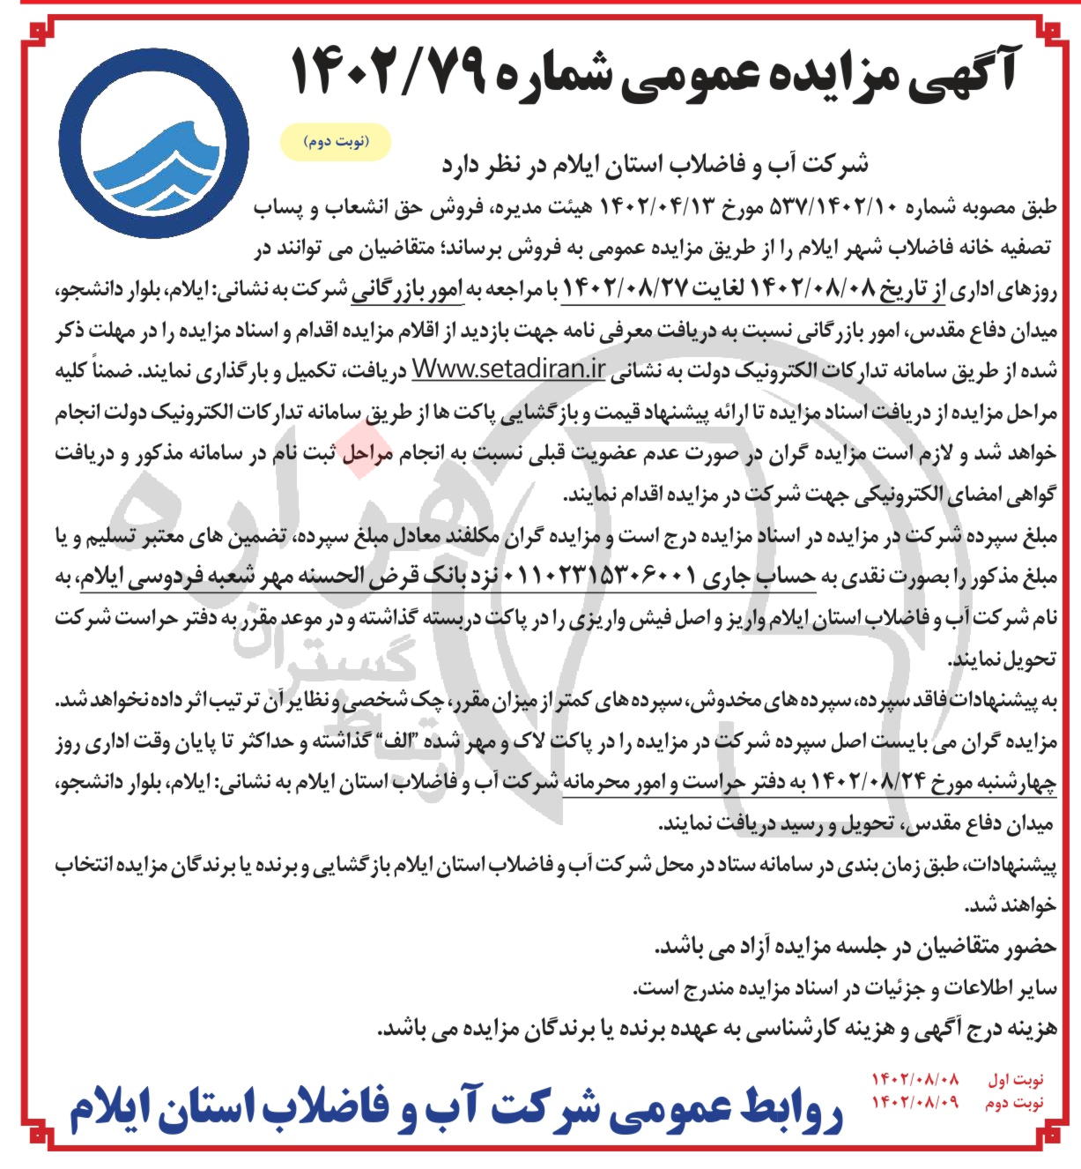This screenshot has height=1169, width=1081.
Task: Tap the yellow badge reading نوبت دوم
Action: (334, 141)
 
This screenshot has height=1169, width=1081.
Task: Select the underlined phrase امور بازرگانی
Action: (435, 288)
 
